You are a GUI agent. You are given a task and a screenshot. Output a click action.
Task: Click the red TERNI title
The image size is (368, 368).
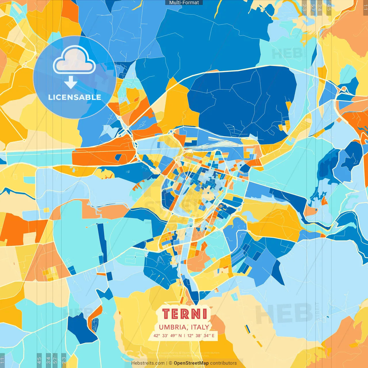[x=184, y=314]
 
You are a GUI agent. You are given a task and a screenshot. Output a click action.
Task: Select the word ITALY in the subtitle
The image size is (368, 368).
[x=200, y=327]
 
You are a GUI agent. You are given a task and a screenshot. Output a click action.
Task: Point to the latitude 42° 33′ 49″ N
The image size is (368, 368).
[x=168, y=336]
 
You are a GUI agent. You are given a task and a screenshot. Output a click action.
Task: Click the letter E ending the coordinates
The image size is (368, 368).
[x=213, y=336]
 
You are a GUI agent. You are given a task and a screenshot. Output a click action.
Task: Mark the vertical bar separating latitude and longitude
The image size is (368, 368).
[x=184, y=336]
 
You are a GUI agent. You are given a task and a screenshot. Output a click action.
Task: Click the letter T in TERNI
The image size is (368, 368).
[x=166, y=314]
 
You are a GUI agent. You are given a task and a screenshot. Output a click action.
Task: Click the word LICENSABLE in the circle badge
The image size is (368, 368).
[x=75, y=97]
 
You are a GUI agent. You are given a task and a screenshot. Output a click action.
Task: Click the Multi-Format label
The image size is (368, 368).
[x=184, y=3]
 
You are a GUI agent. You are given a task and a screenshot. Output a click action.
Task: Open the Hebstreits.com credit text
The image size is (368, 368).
[x=148, y=363]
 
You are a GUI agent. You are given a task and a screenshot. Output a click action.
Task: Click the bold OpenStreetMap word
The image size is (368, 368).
[x=191, y=363]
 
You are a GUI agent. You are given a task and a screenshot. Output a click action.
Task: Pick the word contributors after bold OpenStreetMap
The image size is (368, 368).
[x=223, y=363]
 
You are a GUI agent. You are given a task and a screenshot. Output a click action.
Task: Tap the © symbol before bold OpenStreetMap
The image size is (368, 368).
[x=170, y=363]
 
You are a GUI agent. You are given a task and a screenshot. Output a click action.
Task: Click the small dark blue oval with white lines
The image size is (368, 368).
[x=95, y=323]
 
